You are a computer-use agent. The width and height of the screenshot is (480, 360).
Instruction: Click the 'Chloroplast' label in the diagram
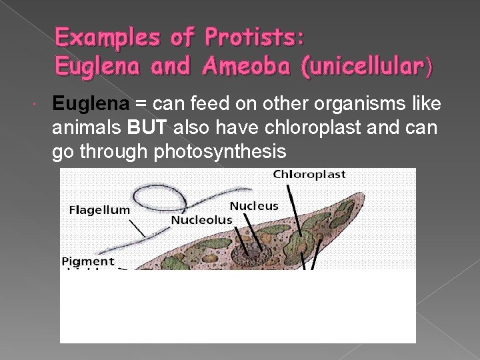click(x=309, y=175)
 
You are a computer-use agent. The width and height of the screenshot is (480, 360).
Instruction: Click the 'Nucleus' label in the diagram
click(x=254, y=206)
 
